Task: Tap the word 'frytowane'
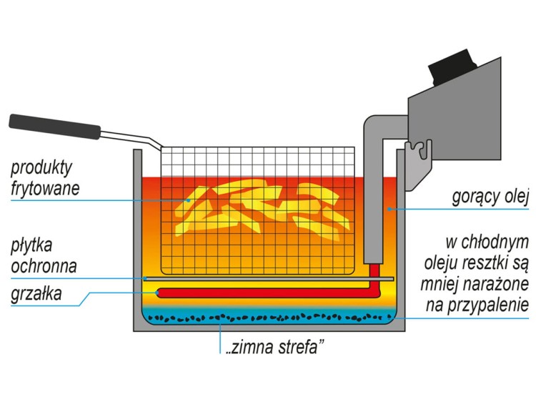click(x=44, y=189)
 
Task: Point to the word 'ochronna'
click(x=44, y=268)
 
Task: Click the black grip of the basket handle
click(x=54, y=126)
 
